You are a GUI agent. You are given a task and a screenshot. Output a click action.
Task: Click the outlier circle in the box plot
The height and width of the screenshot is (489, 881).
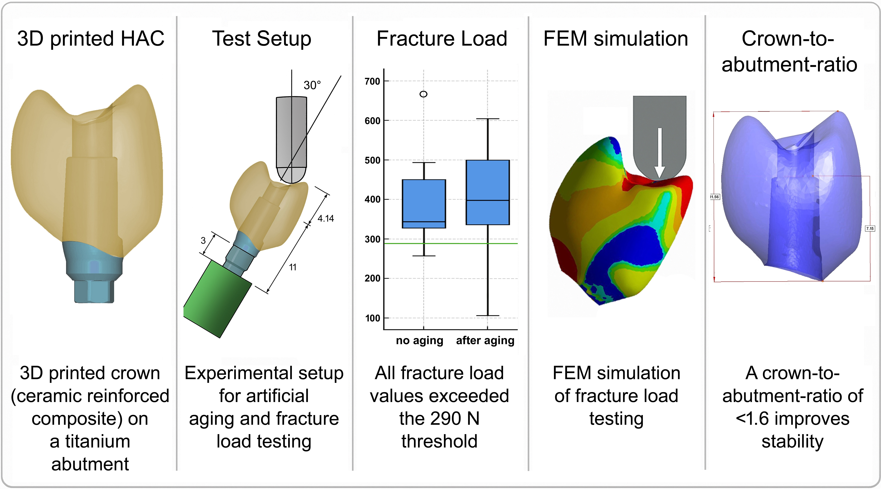click(423, 94)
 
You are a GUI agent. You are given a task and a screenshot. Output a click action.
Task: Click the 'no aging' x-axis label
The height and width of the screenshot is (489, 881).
click(419, 341)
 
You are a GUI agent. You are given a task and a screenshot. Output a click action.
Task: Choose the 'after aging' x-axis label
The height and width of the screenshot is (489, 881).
click(485, 341)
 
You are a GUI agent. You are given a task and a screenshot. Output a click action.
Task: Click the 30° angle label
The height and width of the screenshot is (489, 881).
click(312, 85)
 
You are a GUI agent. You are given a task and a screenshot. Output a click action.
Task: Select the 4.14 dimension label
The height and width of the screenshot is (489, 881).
click(326, 218)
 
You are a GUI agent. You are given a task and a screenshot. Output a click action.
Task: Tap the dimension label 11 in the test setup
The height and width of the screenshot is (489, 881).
click(293, 267)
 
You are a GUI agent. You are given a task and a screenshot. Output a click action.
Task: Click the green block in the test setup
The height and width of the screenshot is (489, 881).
click(218, 299)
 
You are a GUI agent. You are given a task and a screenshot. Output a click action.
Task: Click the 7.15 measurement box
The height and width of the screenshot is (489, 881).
click(870, 228)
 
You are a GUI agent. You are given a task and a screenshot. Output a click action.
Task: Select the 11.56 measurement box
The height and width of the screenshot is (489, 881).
click(714, 197)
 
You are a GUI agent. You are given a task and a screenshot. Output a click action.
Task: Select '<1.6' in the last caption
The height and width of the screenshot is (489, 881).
click(752, 419)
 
